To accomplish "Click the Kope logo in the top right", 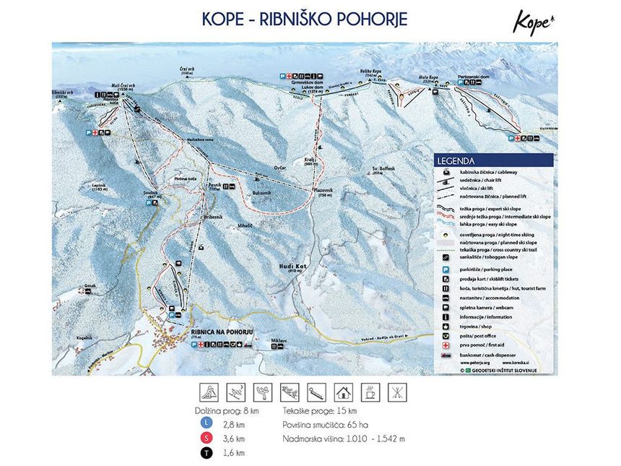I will coord(534,21).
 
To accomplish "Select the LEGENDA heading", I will coord(457,160).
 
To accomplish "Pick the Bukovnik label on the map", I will coord(261,194).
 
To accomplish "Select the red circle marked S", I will coord(208,438).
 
